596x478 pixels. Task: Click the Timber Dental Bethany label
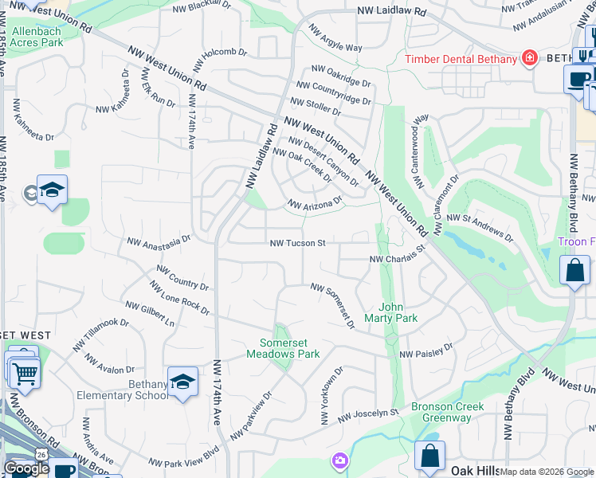[x=461, y=60]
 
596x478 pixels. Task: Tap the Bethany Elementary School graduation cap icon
[x=182, y=381]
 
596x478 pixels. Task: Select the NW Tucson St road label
[x=298, y=243]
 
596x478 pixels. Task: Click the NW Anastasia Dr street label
[x=159, y=238]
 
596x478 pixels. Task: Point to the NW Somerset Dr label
[x=333, y=305]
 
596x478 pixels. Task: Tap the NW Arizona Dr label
[x=314, y=204]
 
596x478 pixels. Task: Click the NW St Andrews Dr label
[x=479, y=226]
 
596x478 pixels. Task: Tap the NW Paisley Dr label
[x=425, y=351]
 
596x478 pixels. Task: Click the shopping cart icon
[x=24, y=371]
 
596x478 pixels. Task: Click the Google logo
[x=27, y=468]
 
